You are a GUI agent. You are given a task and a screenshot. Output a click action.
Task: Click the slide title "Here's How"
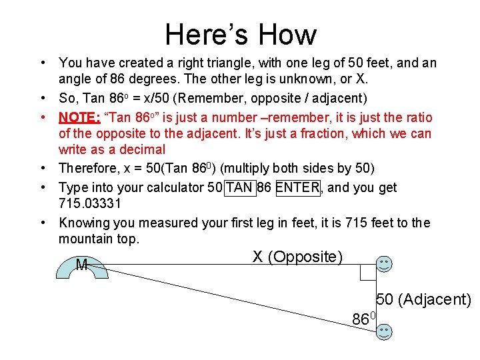[240, 34]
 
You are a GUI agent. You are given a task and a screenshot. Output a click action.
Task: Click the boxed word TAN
[239, 187]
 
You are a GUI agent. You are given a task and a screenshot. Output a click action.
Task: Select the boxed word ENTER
[297, 187]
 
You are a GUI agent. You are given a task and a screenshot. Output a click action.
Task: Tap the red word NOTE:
[79, 118]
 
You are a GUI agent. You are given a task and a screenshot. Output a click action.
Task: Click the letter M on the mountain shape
[81, 265]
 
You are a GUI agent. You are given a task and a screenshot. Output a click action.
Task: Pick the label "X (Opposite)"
[297, 257]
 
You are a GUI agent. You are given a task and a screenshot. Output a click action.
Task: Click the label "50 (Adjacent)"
[424, 300]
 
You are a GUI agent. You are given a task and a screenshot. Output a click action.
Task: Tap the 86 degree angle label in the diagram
[365, 319]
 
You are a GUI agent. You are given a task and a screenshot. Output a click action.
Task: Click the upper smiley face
[384, 263]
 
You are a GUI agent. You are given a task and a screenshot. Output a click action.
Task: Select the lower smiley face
[384, 331]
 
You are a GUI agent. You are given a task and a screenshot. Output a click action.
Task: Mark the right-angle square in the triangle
[368, 273]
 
